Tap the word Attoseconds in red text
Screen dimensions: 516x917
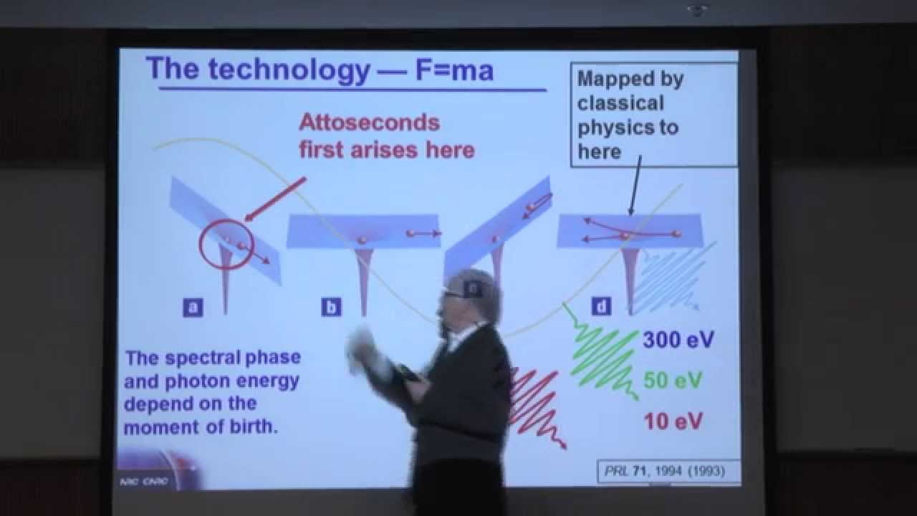(x=369, y=123)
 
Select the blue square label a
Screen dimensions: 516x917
(x=192, y=307)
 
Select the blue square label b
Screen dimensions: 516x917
(x=331, y=307)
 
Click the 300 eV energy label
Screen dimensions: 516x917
(x=678, y=339)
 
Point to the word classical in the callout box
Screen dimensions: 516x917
(x=620, y=103)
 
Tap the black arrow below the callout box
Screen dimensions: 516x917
(x=633, y=186)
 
